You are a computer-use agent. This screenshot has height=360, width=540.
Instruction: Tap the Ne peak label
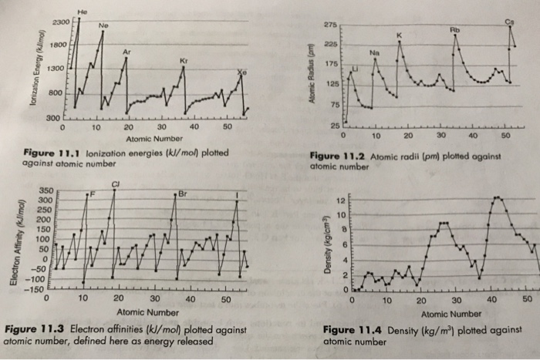[103, 25]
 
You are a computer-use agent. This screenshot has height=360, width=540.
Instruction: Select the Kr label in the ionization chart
[183, 59]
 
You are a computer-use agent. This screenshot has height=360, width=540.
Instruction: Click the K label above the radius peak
[399, 35]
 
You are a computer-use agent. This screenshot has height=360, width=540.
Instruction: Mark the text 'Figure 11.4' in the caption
[349, 330]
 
